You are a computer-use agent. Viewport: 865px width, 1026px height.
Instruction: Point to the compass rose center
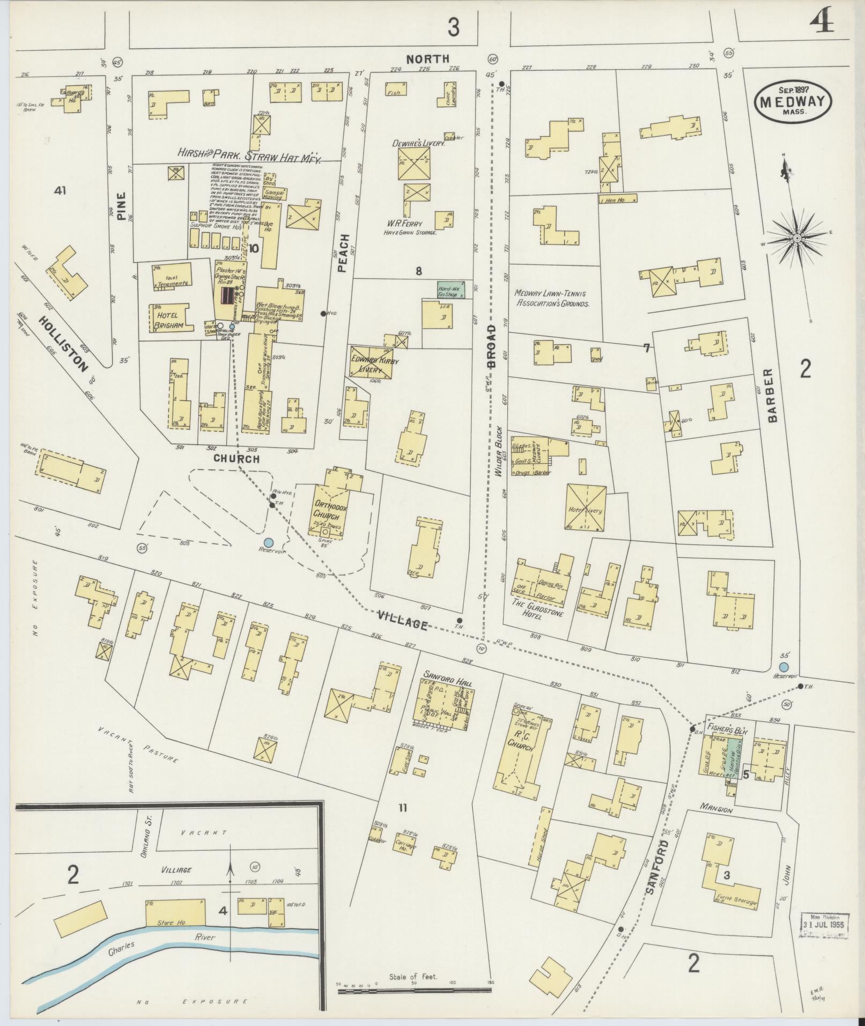(x=797, y=238)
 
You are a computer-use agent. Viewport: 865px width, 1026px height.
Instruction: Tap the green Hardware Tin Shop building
(x=451, y=290)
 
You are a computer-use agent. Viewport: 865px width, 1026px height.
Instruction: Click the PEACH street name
(x=344, y=253)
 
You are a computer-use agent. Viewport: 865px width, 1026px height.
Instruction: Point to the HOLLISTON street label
(x=63, y=344)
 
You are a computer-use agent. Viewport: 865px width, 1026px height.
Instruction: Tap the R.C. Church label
(x=519, y=745)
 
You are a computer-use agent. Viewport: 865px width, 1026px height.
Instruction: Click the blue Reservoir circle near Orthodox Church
(x=268, y=543)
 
